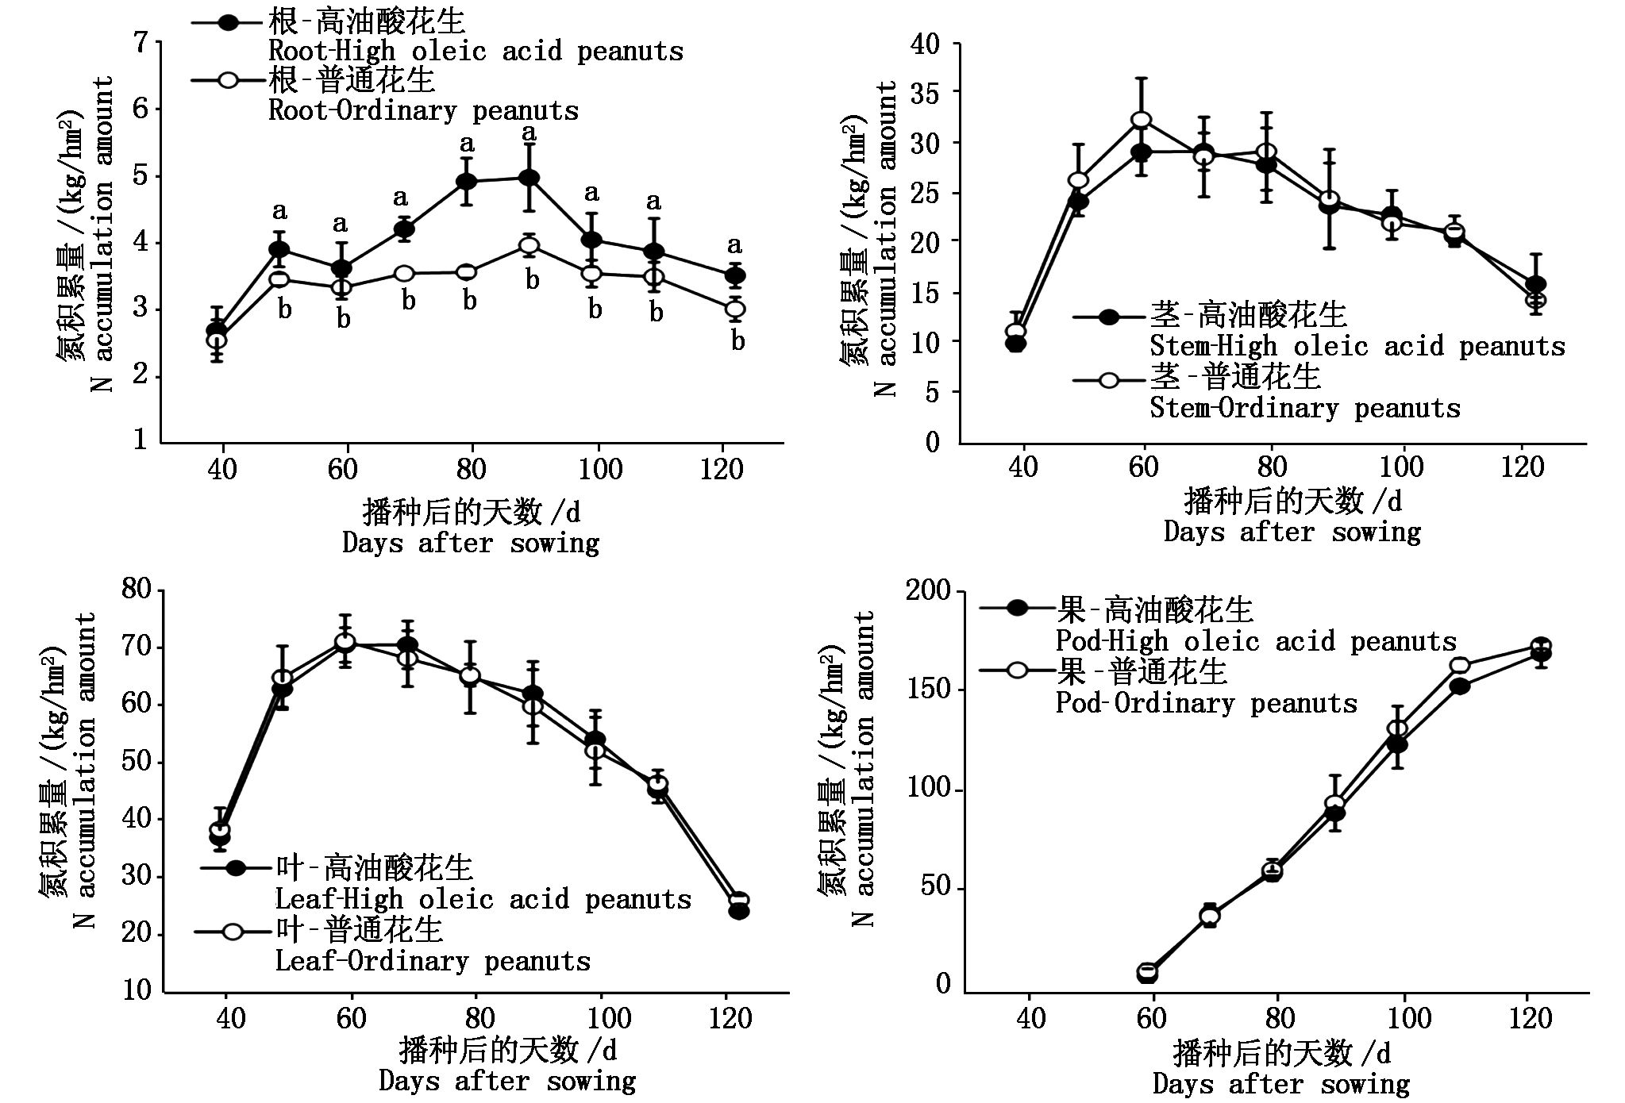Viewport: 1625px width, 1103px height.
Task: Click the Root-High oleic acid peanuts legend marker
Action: [229, 23]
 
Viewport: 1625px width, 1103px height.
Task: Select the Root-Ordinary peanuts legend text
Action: [424, 110]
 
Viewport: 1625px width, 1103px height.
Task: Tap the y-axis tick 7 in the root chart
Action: [141, 42]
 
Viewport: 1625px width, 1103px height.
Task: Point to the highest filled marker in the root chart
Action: [529, 178]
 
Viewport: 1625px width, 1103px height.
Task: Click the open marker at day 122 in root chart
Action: [736, 309]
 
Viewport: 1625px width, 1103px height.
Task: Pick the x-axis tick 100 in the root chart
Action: [600, 469]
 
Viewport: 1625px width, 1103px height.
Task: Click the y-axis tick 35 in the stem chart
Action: [925, 94]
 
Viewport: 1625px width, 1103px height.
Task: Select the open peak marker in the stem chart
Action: [1142, 120]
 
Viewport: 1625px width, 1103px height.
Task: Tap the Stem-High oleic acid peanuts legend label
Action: [1357, 347]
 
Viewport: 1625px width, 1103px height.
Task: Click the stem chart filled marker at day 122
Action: [1535, 285]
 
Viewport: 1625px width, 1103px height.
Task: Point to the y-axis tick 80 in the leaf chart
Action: [136, 590]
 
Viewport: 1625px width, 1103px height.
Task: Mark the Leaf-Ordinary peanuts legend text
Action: [433, 962]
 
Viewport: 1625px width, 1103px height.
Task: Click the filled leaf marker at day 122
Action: [739, 911]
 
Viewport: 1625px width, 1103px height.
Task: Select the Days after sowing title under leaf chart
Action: [507, 1081]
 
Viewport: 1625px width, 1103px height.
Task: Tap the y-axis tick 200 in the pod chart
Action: [929, 590]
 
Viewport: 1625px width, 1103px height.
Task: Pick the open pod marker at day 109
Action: [1460, 666]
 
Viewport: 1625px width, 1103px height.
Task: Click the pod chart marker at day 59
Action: [1147, 972]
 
